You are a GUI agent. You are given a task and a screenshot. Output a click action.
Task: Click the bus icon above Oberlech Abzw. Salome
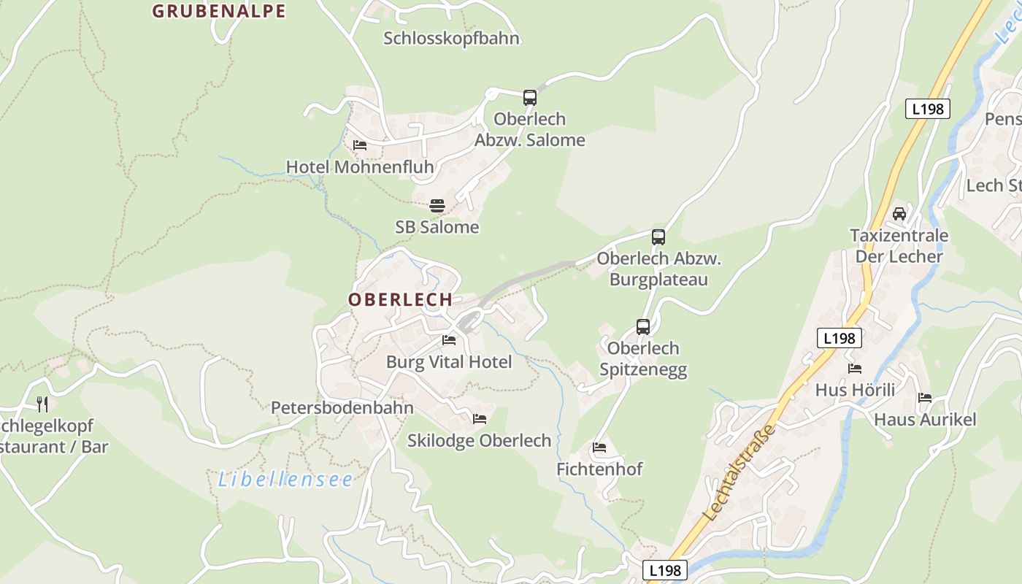(x=530, y=98)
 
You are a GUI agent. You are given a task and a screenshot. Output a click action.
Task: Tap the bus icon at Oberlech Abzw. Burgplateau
(x=658, y=237)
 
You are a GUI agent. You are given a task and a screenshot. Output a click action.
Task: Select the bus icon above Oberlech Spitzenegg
(x=643, y=326)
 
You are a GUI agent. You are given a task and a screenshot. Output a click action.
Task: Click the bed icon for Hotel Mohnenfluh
(x=360, y=145)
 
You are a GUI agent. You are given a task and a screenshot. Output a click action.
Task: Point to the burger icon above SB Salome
(x=437, y=206)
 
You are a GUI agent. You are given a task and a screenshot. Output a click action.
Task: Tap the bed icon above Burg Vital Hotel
(x=449, y=340)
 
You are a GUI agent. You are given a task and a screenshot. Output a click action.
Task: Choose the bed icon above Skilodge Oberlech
(x=480, y=419)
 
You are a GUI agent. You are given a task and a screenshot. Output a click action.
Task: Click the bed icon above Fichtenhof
(x=599, y=447)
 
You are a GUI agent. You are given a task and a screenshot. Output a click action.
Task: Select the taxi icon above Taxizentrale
(x=899, y=214)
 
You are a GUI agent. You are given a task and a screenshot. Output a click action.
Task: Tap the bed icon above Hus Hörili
(x=855, y=369)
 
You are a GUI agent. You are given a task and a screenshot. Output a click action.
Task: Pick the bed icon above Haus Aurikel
(x=925, y=398)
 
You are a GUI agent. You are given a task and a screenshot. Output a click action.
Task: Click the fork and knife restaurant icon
(x=42, y=404)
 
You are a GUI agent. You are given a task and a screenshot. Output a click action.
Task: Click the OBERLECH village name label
(x=400, y=300)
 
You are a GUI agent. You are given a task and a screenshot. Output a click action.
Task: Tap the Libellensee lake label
(x=285, y=480)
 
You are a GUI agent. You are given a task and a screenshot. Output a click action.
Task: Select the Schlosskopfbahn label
(x=451, y=39)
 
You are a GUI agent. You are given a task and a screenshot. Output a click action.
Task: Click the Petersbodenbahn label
(x=342, y=408)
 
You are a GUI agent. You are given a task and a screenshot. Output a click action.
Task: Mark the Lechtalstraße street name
(x=739, y=472)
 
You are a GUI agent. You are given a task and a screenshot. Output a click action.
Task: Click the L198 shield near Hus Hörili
(x=839, y=338)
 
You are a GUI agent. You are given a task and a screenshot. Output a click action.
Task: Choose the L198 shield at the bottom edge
(x=666, y=570)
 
